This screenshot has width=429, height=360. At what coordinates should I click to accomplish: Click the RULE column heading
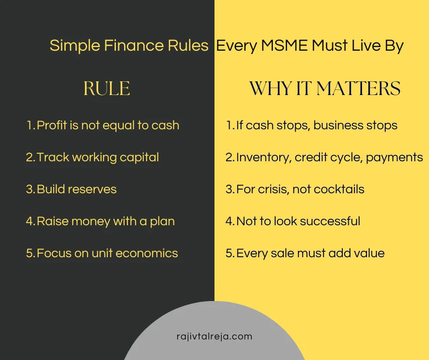[107, 89]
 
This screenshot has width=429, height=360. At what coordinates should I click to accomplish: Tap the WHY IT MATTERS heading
[324, 89]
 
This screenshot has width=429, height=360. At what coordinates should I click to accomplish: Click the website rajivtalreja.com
[214, 337]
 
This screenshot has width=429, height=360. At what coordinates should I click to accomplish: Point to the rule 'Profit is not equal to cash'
[108, 125]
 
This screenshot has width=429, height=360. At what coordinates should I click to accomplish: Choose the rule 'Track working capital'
[98, 157]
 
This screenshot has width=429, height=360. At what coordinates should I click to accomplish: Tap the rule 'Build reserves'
[77, 189]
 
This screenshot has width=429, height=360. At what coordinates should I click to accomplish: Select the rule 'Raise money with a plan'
[105, 221]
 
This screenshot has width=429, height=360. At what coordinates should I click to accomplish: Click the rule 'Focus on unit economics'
[107, 253]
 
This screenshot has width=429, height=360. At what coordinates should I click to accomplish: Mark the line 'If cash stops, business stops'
[317, 125]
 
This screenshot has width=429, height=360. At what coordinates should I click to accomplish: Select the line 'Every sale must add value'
[310, 253]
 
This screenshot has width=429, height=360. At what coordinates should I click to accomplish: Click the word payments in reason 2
[394, 158]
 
